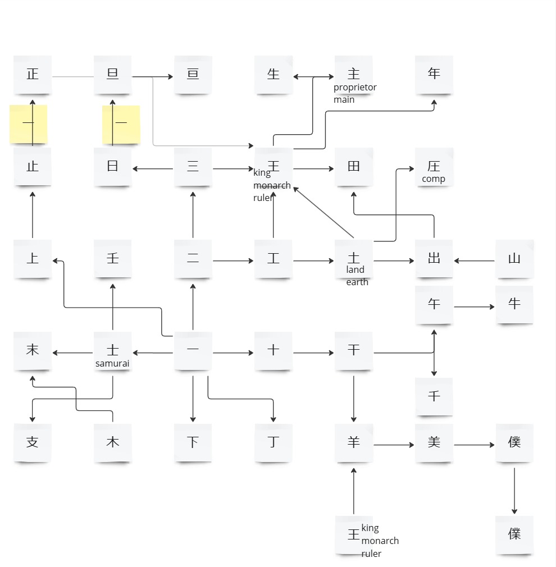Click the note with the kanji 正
click(33, 74)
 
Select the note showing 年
click(434, 74)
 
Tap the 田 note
click(354, 167)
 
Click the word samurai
click(112, 363)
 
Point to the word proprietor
click(355, 87)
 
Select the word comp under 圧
click(434, 179)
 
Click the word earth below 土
click(357, 282)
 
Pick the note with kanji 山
click(514, 259)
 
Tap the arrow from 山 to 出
click(474, 260)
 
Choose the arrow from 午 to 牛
click(474, 307)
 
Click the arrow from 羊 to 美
click(394, 445)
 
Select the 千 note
click(434, 396)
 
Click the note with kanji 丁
click(274, 442)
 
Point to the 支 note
click(33, 442)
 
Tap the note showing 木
click(113, 442)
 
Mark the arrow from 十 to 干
click(313, 353)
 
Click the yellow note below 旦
click(121, 124)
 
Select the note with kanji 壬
click(113, 259)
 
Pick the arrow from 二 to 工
click(233, 260)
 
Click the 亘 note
click(193, 74)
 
